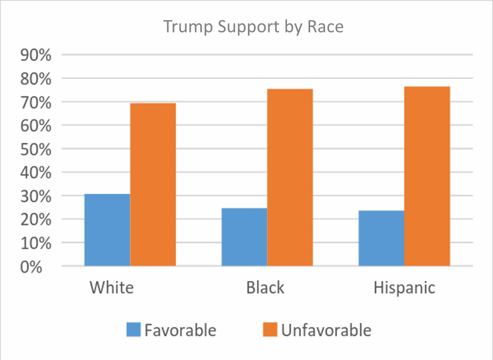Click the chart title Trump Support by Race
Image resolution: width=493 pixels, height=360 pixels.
click(254, 28)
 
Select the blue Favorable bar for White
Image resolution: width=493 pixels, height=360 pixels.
click(107, 230)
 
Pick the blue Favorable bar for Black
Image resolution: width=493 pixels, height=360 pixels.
click(244, 237)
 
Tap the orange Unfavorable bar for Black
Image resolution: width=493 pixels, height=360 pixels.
click(290, 177)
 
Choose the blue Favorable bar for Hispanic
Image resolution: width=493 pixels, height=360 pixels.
click(381, 238)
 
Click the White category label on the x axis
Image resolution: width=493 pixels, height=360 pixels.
click(112, 287)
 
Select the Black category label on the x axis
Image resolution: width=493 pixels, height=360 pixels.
click(265, 287)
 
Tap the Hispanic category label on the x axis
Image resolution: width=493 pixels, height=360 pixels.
click(404, 287)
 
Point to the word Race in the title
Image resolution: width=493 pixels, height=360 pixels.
click(327, 28)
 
